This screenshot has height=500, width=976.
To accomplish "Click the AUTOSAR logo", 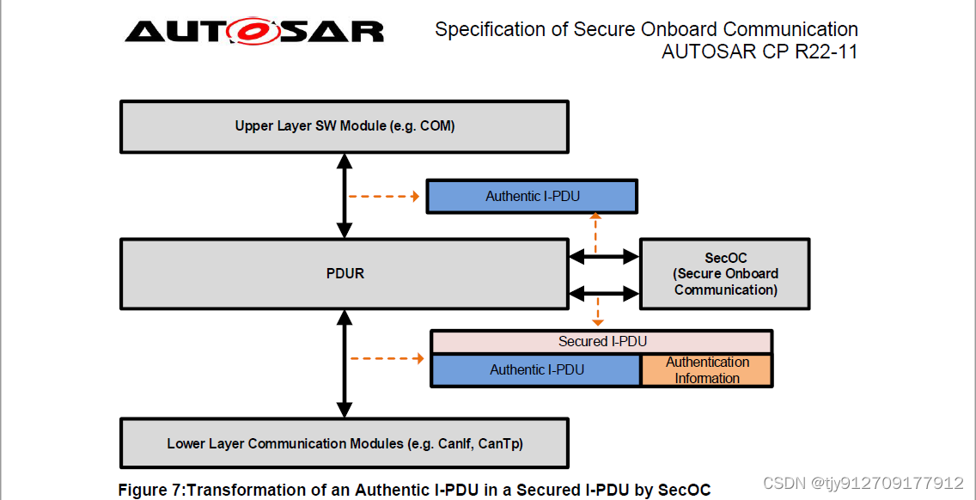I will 254,32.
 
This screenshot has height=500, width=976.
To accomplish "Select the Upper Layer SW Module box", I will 344,126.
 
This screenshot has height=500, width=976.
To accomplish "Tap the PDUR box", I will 344,274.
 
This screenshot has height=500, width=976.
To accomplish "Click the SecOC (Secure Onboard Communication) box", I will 725,274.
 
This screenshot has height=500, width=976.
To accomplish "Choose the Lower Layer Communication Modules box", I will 344,444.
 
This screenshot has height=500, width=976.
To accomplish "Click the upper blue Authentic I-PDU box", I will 532,197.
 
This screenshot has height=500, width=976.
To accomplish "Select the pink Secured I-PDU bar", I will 601,342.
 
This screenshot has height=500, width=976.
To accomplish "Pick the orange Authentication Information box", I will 706,370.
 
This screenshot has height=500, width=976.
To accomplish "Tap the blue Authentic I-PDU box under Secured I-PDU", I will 536,370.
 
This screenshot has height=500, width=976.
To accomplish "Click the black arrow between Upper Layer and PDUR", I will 345,196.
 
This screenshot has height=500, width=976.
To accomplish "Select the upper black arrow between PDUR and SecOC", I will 604,256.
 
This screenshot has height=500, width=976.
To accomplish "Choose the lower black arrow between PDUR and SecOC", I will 604,293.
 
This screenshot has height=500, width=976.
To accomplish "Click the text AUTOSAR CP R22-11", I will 759,52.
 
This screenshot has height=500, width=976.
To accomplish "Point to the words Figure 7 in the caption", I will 150,491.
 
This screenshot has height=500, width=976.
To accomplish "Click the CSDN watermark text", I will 863,483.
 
